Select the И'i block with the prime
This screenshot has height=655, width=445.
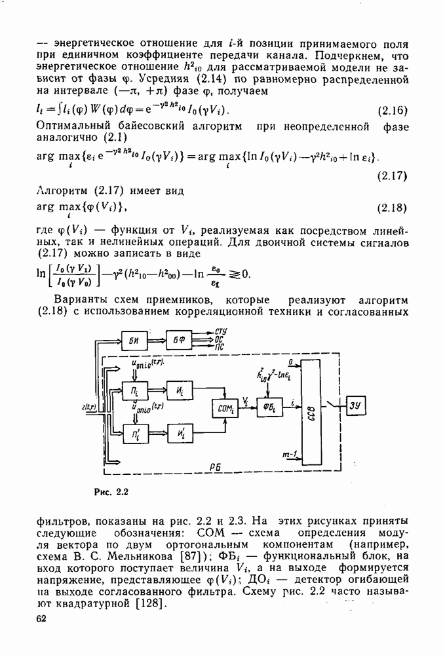point(179,434)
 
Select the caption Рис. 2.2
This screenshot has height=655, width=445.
point(109,491)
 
